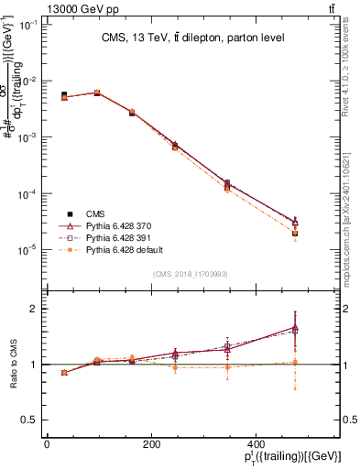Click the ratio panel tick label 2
(35, 309)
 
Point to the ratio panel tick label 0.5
(31, 420)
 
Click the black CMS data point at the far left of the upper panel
(63, 94)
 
